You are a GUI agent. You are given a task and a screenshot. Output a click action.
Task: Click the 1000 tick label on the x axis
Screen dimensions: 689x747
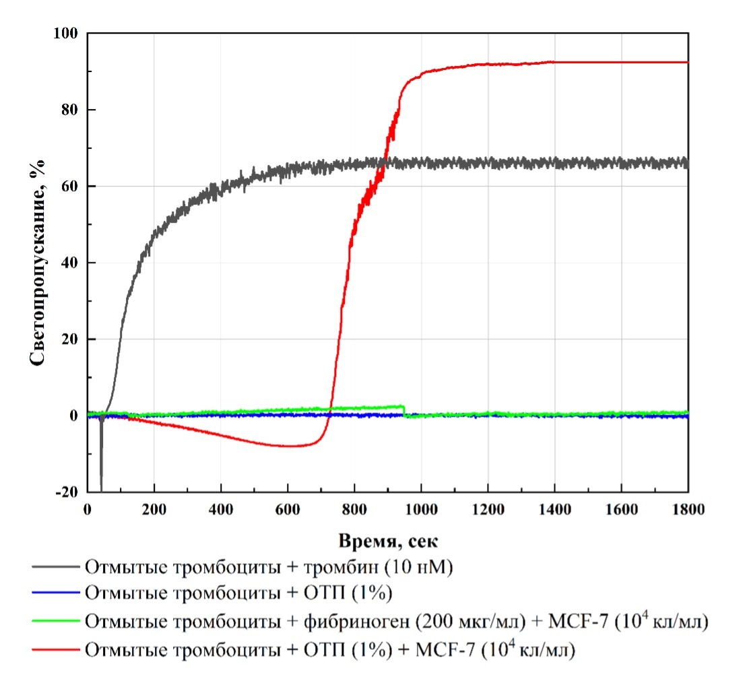(x=421, y=510)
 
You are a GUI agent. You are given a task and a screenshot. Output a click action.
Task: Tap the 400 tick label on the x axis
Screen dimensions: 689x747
(x=221, y=510)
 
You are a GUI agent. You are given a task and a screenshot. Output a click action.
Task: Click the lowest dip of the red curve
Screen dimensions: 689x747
(x=290, y=446)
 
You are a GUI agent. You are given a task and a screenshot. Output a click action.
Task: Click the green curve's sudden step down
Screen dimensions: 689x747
(x=403, y=412)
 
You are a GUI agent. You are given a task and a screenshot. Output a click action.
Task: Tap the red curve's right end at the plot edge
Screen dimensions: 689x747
(x=687, y=62)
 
